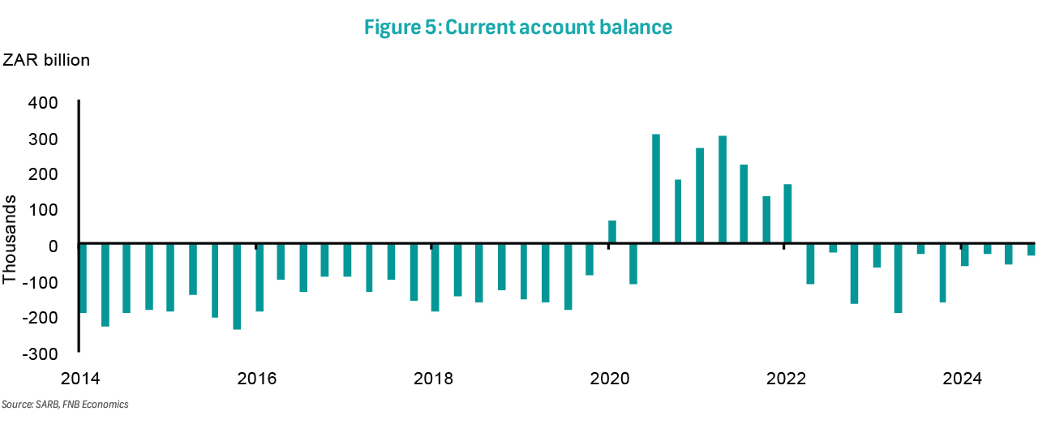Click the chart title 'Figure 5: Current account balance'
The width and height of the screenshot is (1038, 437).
pos(518,27)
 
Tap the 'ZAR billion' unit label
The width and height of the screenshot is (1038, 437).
pos(47,60)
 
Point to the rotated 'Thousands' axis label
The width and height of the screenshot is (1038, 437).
pos(10,239)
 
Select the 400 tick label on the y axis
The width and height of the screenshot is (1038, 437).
pos(43,103)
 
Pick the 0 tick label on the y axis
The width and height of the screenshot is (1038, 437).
pos(53,246)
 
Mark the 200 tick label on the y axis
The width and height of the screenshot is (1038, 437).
pos(43,174)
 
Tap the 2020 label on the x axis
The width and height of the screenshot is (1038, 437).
pos(609,379)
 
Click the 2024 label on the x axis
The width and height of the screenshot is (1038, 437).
pos(962,379)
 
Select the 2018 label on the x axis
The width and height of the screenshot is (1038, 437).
pos(432,379)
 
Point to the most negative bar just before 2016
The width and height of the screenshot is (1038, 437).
pos(237,286)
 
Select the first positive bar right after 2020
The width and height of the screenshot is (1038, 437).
pos(612,231)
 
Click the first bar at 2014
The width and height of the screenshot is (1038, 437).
pos(83,278)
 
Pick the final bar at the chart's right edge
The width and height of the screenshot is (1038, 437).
pos(1031,250)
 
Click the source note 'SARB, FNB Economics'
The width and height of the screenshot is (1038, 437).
pos(65,404)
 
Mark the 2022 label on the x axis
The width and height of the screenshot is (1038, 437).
pos(785,379)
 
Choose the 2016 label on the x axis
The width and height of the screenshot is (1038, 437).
pos(256,379)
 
